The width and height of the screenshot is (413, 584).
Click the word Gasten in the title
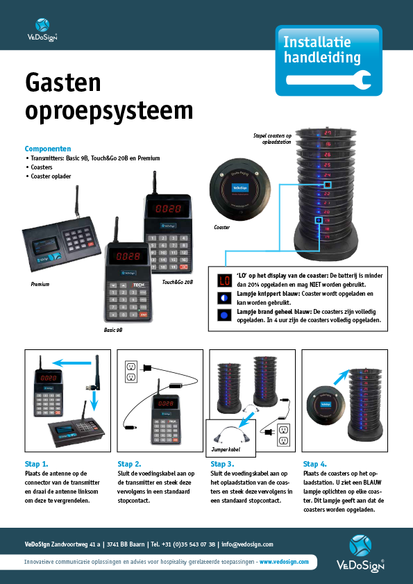pyautogui.click(x=63, y=83)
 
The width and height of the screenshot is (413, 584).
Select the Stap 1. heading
pyautogui.click(x=35, y=463)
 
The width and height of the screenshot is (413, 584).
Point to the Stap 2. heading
pyautogui.click(x=129, y=463)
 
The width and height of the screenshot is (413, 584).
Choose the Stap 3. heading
pyautogui.click(x=222, y=463)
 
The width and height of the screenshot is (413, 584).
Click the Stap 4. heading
pyautogui.click(x=314, y=463)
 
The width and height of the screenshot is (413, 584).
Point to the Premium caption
pyautogui.click(x=40, y=285)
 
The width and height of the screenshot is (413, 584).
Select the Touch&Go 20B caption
pyautogui.click(x=177, y=283)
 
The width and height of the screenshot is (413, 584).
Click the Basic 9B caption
pyautogui.click(x=112, y=330)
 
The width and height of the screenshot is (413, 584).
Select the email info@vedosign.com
pyautogui.click(x=247, y=544)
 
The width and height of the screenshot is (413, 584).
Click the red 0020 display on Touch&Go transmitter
pyautogui.click(x=167, y=208)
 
